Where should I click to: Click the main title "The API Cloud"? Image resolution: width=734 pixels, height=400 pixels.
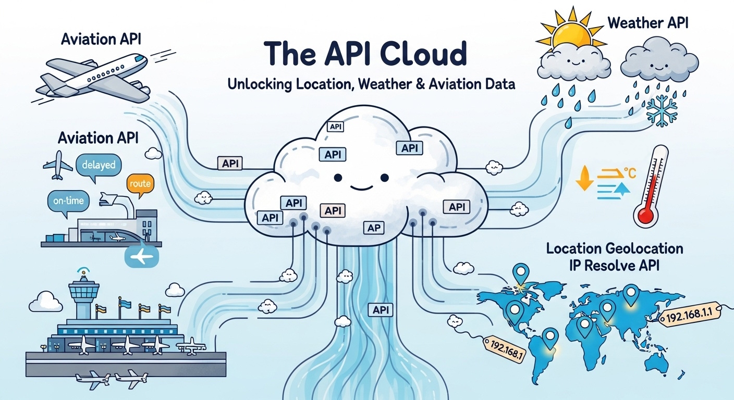click(x=365, y=54)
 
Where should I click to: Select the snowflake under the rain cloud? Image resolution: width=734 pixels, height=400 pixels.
click(x=662, y=110)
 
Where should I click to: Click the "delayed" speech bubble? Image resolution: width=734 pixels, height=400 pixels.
click(x=99, y=166)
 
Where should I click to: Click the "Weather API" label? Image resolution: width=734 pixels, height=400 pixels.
click(x=648, y=23)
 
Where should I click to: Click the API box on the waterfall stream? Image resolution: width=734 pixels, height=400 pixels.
click(x=380, y=310)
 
